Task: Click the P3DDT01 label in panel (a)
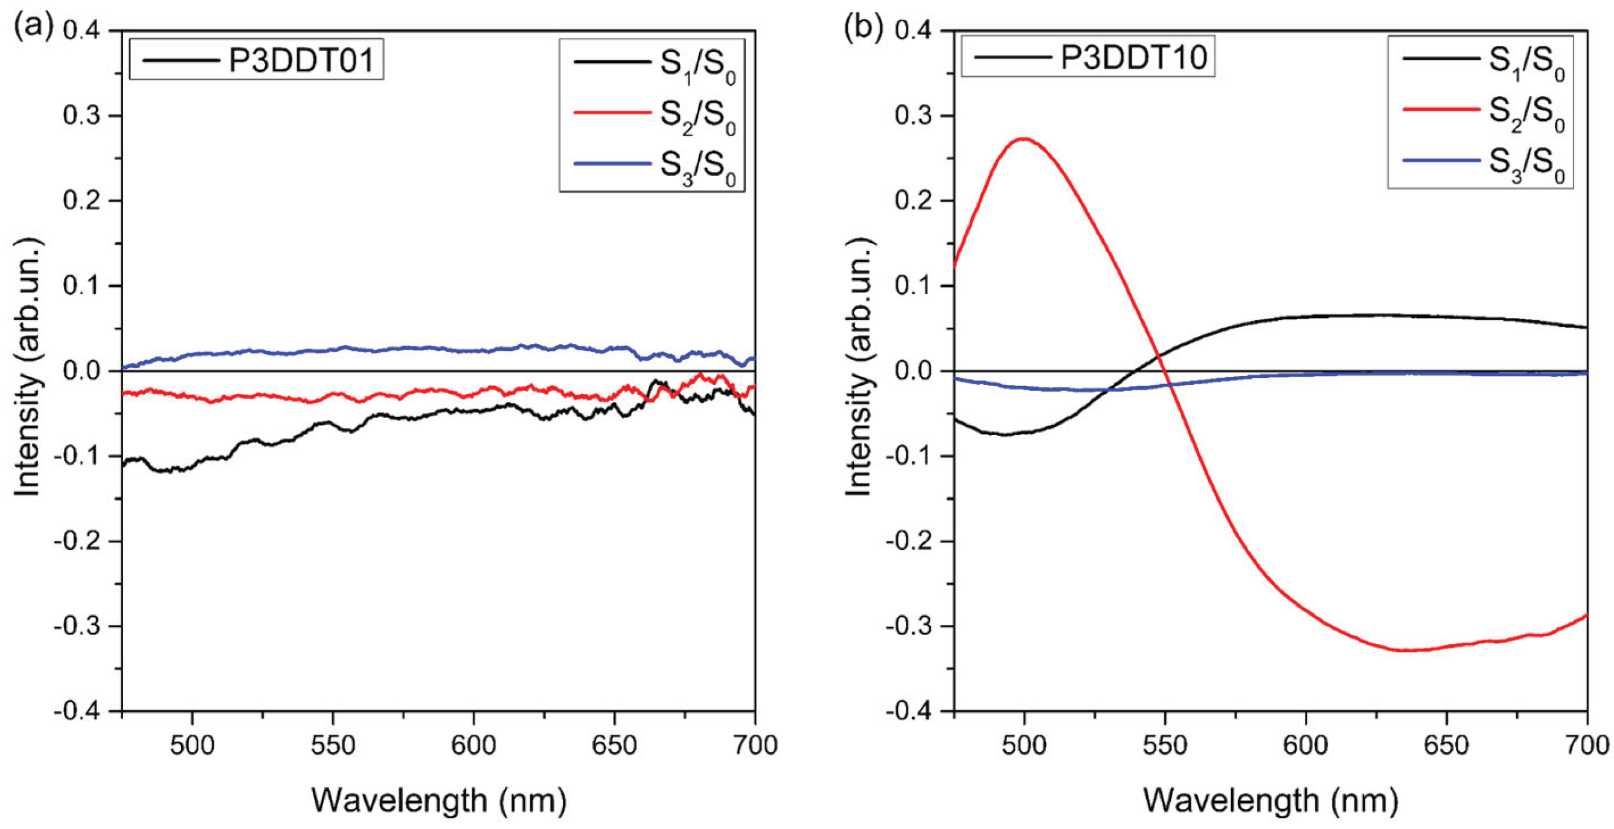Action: pos(301,61)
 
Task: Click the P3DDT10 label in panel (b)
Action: pos(1133,59)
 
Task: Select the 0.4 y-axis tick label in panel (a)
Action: pos(85,31)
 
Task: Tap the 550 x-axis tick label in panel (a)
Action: pos(333,746)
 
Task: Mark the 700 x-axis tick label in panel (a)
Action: pos(754,746)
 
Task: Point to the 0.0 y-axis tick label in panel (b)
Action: pos(917,371)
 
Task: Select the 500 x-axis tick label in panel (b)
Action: pos(1024,746)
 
